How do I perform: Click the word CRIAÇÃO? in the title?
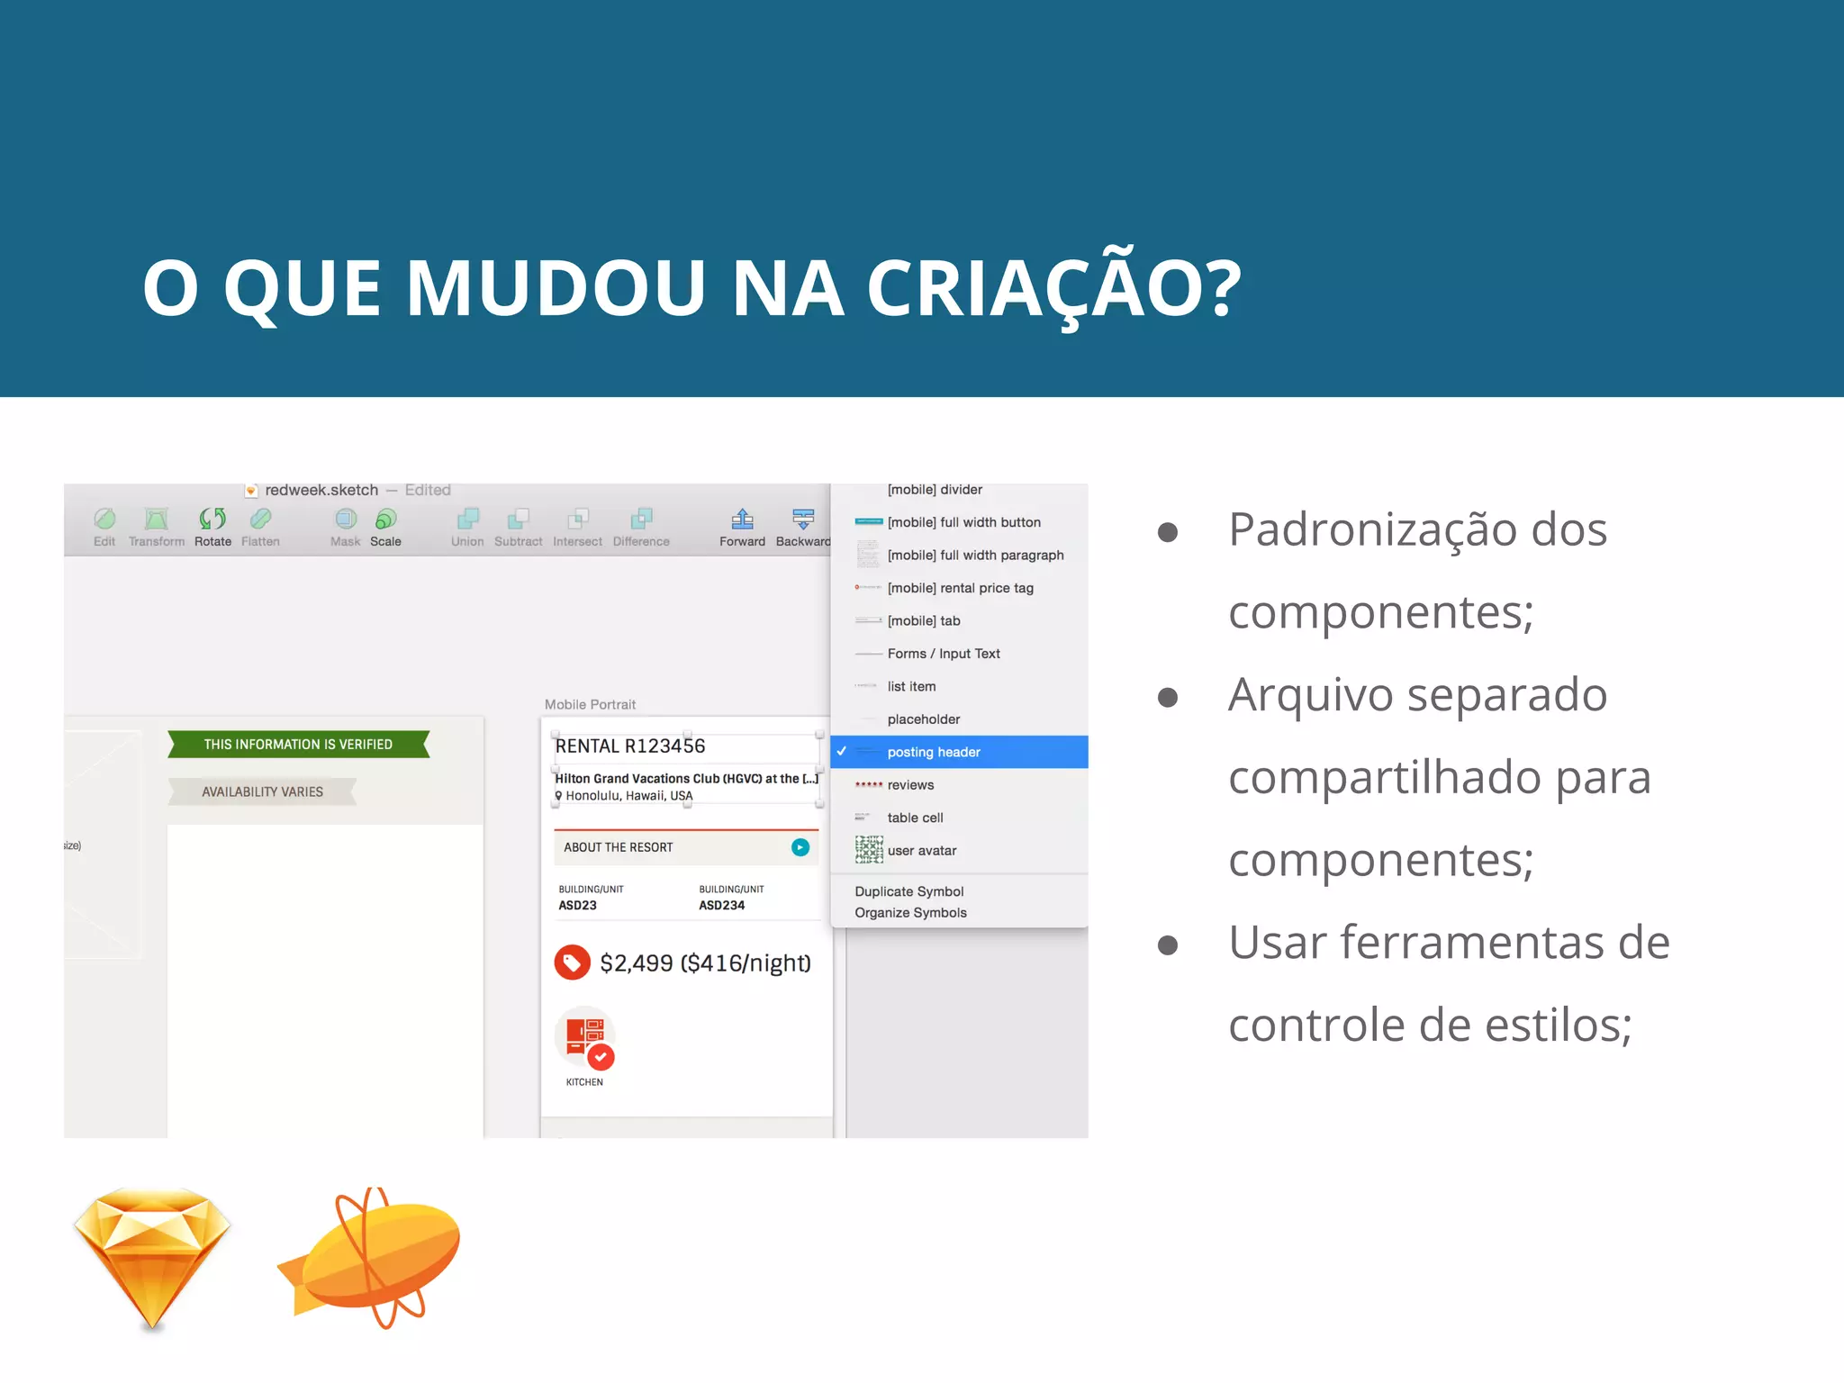[1053, 288]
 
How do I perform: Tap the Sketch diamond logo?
[152, 1256]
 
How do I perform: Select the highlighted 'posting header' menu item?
[934, 752]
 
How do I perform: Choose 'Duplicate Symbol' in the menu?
[908, 891]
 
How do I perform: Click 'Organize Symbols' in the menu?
[910, 913]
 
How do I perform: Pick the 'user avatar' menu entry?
[921, 851]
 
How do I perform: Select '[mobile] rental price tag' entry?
[960, 588]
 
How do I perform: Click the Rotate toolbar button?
[212, 526]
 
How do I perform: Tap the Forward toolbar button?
[742, 526]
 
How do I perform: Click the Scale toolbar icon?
[385, 526]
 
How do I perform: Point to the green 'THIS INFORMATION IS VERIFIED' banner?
[298, 745]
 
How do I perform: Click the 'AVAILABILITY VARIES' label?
[262, 792]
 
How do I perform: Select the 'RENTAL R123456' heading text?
[630, 746]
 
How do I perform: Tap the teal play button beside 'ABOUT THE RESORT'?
[800, 847]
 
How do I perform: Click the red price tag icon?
[572, 963]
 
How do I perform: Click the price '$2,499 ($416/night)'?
[705, 963]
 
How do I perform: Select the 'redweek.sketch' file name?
[321, 490]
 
